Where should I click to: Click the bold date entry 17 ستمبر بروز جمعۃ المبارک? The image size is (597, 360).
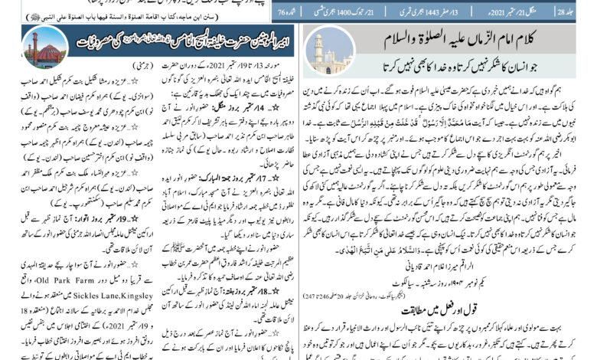(223, 185)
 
